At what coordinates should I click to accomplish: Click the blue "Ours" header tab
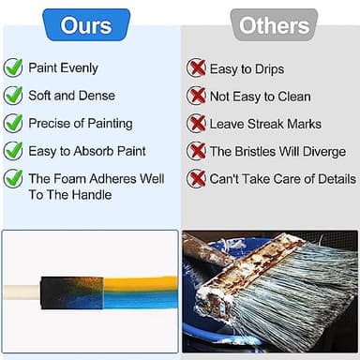click(x=86, y=24)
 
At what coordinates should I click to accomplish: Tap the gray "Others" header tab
click(x=274, y=25)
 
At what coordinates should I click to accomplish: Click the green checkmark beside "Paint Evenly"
click(x=14, y=67)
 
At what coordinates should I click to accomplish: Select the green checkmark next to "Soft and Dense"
click(x=14, y=95)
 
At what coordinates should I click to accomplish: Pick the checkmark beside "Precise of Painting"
click(x=14, y=123)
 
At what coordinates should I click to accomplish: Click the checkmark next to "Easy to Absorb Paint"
click(x=14, y=150)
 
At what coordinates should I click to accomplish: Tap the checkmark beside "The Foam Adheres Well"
click(x=14, y=178)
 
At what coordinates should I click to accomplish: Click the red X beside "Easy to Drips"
click(x=196, y=67)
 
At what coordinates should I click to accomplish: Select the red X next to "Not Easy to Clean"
click(x=196, y=96)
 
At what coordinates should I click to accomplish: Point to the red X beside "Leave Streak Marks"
click(x=196, y=123)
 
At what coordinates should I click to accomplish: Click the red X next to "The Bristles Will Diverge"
click(x=196, y=151)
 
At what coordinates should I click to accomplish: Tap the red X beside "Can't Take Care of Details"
click(x=196, y=179)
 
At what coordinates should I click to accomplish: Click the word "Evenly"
click(x=78, y=68)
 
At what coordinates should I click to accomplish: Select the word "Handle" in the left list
click(x=90, y=195)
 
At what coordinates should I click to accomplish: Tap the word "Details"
click(x=332, y=179)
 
